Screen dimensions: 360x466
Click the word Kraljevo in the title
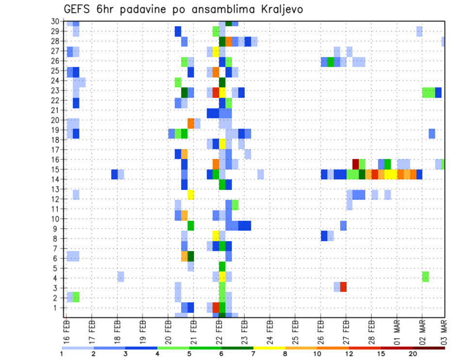click(x=273, y=9)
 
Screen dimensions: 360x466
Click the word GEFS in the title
click(x=78, y=9)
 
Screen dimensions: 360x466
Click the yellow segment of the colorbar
click(x=269, y=347)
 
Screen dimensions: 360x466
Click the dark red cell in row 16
click(x=355, y=163)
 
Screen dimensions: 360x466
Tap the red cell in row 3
click(x=343, y=287)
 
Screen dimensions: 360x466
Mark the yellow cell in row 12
click(x=191, y=195)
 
